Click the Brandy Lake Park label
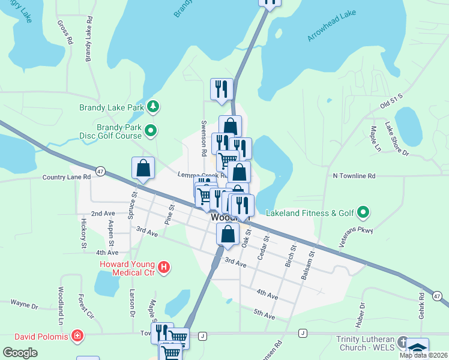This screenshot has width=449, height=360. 112,108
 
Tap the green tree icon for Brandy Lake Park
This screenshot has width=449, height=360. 154,107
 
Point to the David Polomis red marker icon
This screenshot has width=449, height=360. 77,334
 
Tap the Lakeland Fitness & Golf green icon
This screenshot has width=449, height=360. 363,212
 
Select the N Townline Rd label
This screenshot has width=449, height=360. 354,176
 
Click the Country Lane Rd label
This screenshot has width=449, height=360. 66,177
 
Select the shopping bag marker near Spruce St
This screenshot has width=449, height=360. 143,169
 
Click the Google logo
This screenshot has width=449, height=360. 20,352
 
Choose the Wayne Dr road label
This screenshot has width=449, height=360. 24,305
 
